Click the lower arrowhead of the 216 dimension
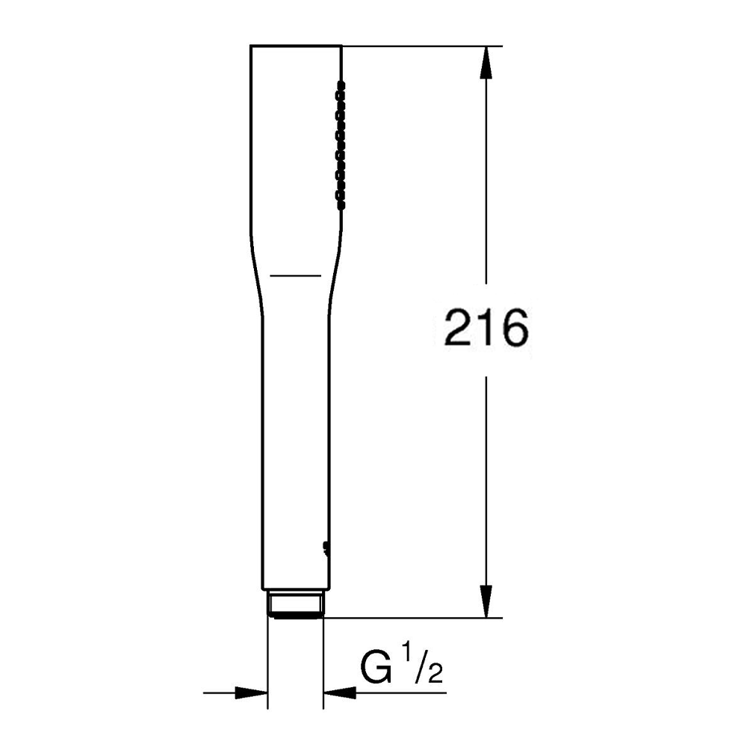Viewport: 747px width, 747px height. pos(486,603)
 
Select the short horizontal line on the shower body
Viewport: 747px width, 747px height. pos(295,276)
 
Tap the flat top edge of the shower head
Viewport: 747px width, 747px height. pos(295,46)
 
